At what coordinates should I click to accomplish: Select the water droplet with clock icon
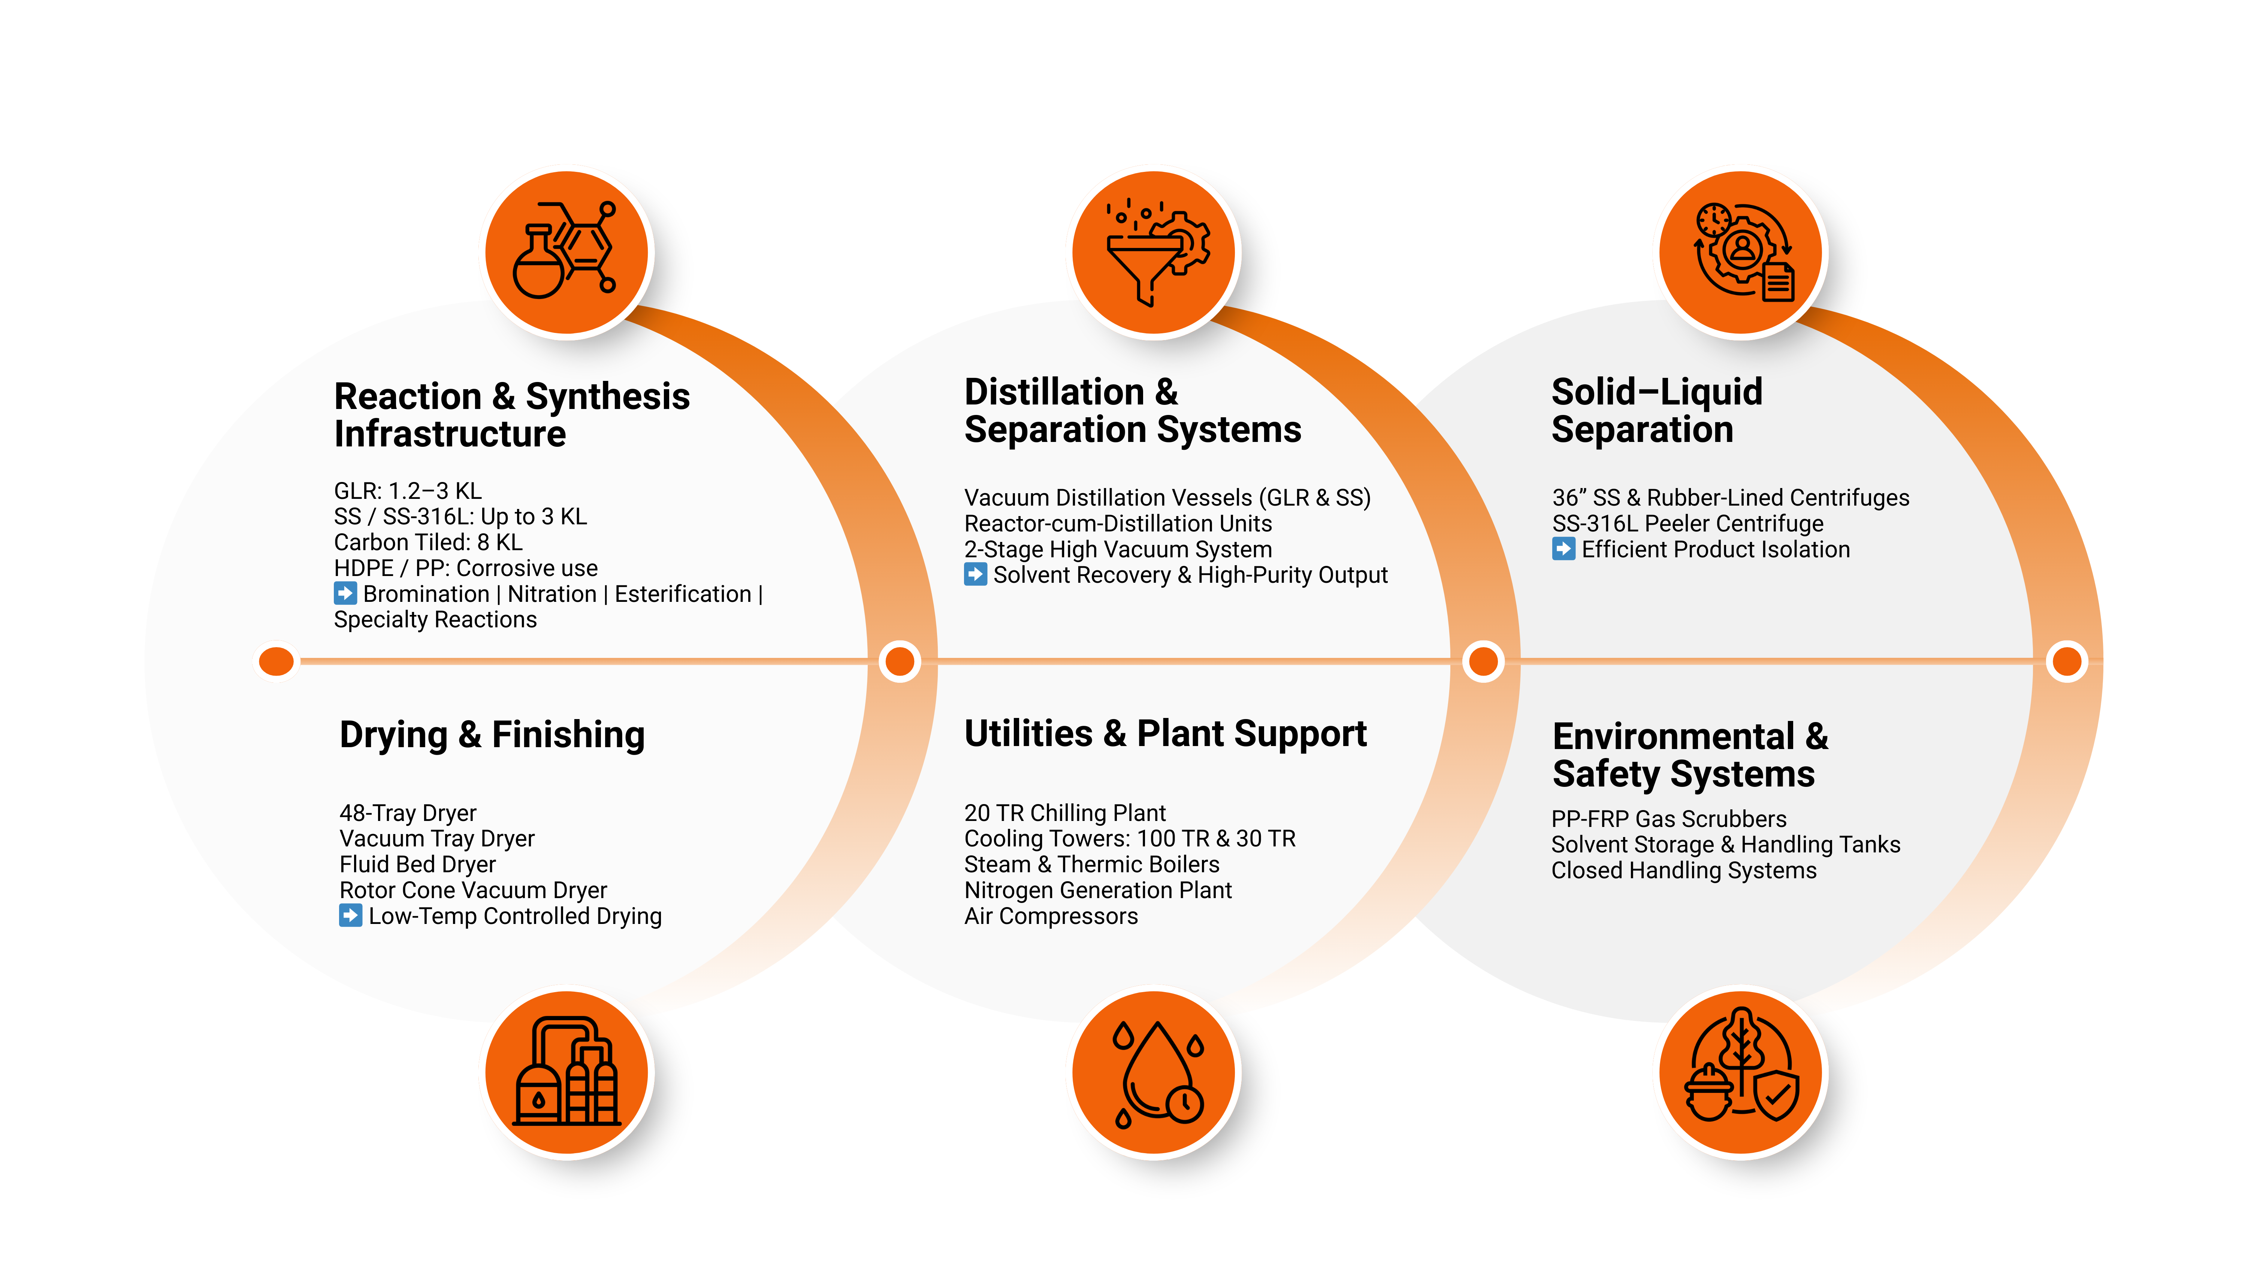[x=1156, y=1073]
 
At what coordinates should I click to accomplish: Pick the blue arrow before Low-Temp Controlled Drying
[x=351, y=916]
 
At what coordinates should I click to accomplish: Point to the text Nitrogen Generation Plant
[x=1098, y=891]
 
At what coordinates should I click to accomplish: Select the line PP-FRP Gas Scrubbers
[x=1668, y=819]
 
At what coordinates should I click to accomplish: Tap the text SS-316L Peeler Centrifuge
[x=1688, y=524]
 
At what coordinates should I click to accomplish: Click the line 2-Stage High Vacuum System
[x=1118, y=549]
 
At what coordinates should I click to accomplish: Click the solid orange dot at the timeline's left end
[x=277, y=661]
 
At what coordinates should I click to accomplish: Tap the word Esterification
[x=682, y=594]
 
